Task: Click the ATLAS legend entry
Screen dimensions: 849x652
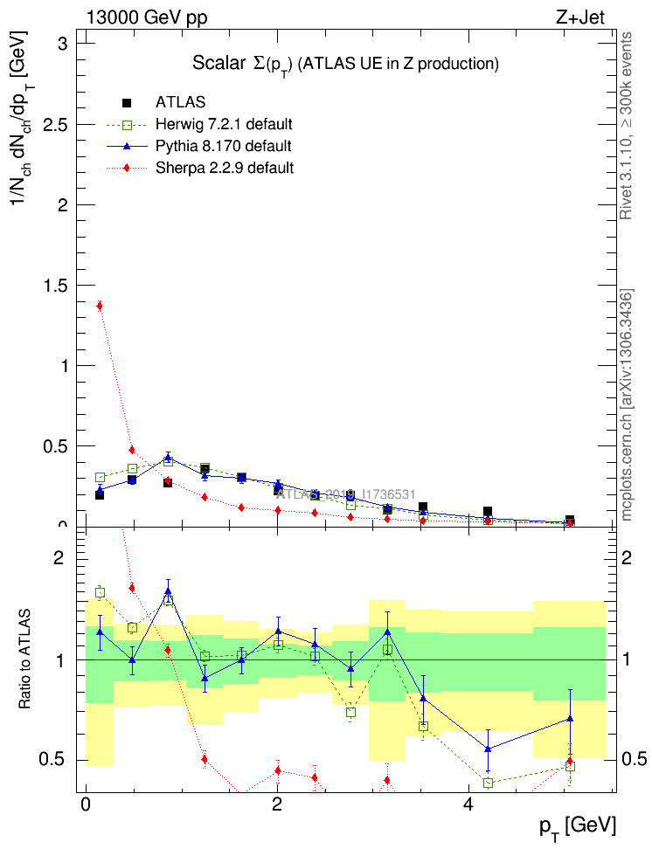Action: pyautogui.click(x=180, y=103)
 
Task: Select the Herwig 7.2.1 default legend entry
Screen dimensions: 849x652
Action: pyautogui.click(x=224, y=124)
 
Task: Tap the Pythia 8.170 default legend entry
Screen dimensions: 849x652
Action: pyautogui.click(x=224, y=146)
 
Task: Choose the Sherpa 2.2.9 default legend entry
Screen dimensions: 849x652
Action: pyautogui.click(x=224, y=168)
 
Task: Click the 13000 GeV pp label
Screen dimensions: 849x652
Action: pyautogui.click(x=147, y=17)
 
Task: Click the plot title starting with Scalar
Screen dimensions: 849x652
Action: pyautogui.click(x=345, y=64)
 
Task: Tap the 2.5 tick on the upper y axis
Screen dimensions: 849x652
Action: pyautogui.click(x=60, y=124)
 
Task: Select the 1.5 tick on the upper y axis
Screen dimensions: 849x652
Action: pyautogui.click(x=60, y=286)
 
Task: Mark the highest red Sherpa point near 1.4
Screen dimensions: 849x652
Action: pyautogui.click(x=100, y=306)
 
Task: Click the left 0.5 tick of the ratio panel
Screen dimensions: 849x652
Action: pyautogui.click(x=60, y=759)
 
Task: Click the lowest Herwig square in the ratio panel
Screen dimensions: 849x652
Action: pyautogui.click(x=489, y=783)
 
